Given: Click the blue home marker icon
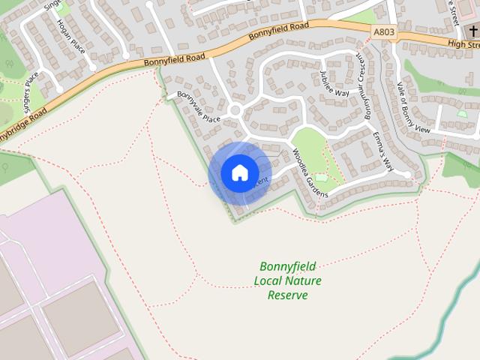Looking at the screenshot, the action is pyautogui.click(x=239, y=173).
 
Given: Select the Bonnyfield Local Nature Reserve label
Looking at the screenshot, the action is pyautogui.click(x=288, y=280).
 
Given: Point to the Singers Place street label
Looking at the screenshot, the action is pyautogui.click(x=31, y=91).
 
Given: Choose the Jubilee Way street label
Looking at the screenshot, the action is pyautogui.click(x=334, y=82).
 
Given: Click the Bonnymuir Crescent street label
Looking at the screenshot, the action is pyautogui.click(x=363, y=88).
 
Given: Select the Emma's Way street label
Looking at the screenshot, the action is pyautogui.click(x=383, y=150).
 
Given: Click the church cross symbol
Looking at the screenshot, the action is pyautogui.click(x=474, y=32).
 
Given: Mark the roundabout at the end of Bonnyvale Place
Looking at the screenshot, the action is pyautogui.click(x=235, y=111).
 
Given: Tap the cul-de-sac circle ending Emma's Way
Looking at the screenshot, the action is pyautogui.click(x=405, y=175).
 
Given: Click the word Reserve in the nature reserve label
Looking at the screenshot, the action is pyautogui.click(x=288, y=295).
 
